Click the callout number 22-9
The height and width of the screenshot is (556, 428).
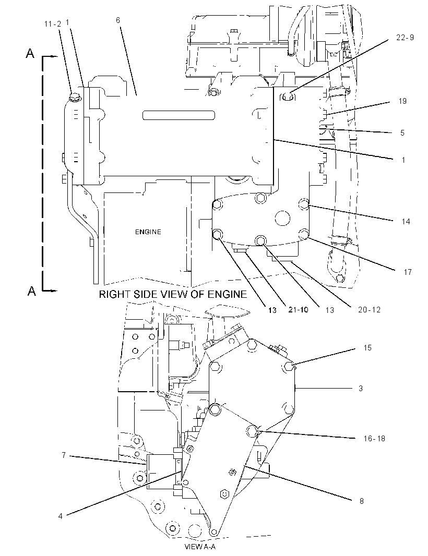click(x=405, y=38)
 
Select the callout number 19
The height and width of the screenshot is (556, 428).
click(x=402, y=101)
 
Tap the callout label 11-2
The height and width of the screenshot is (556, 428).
click(x=53, y=24)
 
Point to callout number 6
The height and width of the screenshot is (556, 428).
click(x=118, y=20)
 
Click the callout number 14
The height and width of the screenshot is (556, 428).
click(x=406, y=221)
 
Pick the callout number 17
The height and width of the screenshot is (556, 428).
click(x=408, y=272)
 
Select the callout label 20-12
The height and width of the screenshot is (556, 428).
click(x=369, y=310)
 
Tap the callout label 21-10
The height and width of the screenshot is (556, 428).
click(x=298, y=310)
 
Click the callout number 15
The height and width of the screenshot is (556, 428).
click(x=367, y=348)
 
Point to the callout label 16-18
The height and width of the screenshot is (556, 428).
click(x=374, y=438)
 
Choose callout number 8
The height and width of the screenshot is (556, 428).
click(x=362, y=501)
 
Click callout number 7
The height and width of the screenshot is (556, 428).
click(x=64, y=455)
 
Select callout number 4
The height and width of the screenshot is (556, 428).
click(x=61, y=516)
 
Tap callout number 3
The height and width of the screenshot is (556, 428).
click(x=361, y=388)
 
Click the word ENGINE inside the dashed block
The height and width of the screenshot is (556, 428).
click(x=148, y=232)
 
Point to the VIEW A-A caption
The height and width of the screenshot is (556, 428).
click(x=200, y=547)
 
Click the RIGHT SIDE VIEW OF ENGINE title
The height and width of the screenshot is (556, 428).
click(x=172, y=294)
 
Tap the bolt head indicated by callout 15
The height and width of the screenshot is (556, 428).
click(x=289, y=367)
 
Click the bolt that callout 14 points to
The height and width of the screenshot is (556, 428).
click(x=304, y=204)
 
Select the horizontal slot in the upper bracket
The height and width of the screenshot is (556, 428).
click(x=179, y=115)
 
